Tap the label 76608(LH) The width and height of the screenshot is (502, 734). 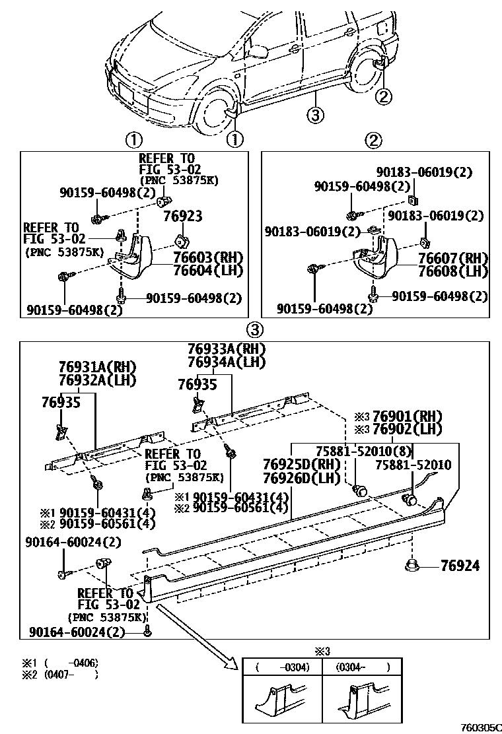452,271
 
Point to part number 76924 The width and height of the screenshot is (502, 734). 460,566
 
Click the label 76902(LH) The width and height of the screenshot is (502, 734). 406,429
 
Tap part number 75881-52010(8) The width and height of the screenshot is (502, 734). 364,451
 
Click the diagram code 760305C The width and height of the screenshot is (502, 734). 480,725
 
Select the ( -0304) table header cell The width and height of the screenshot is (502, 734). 283,667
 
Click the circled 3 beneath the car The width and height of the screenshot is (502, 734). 315,115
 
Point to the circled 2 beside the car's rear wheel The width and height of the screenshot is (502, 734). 384,96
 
